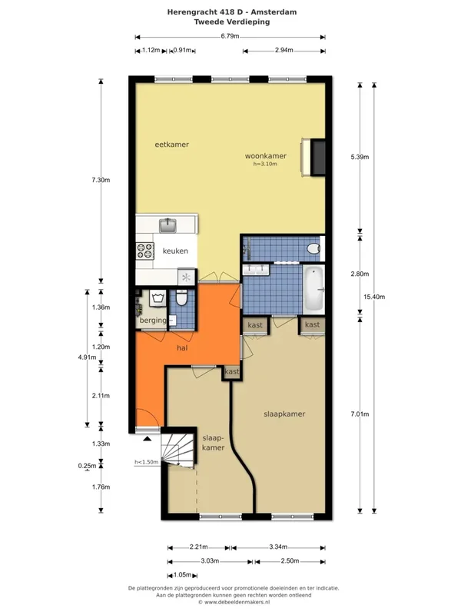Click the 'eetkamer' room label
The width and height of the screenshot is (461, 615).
tap(171, 145)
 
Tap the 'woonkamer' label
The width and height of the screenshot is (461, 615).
tap(265, 156)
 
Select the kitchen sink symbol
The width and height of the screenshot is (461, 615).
tap(167, 225)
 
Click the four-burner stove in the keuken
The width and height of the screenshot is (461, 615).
tap(144, 251)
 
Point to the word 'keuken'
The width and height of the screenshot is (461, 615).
tap(175, 251)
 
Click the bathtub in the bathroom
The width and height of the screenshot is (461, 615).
tap(314, 290)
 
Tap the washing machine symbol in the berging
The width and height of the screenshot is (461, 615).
tap(158, 298)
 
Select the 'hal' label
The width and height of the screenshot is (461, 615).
tap(182, 348)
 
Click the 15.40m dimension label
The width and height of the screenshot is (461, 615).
tap(374, 297)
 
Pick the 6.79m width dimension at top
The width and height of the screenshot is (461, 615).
tap(230, 36)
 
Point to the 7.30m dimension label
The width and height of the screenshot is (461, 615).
tap(101, 180)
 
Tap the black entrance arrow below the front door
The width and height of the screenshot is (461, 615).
tap(147, 438)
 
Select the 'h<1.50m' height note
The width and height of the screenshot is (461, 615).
tap(146, 462)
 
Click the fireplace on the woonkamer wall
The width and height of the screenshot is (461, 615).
tap(313, 158)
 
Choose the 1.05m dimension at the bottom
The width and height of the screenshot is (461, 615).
tap(182, 575)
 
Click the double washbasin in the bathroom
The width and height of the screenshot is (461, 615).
tap(256, 270)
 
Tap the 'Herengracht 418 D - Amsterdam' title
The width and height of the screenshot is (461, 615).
tap(232, 12)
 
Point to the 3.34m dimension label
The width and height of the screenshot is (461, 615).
tap(278, 547)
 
